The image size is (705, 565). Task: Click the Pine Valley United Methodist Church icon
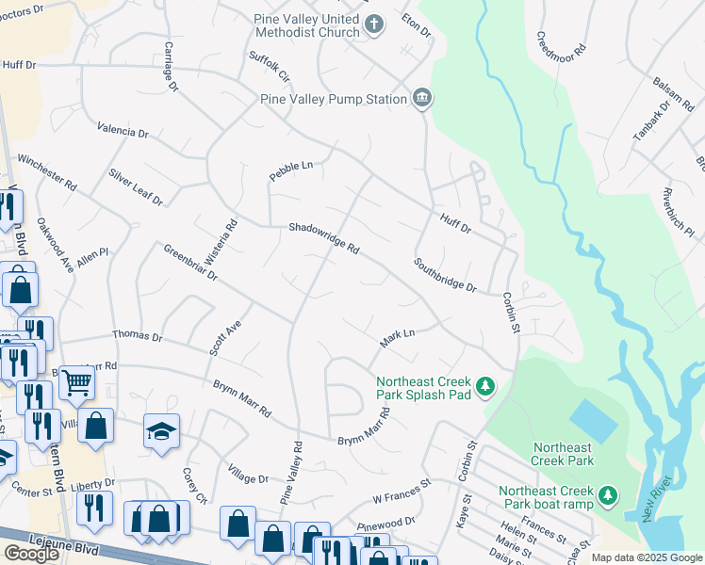click(x=374, y=24)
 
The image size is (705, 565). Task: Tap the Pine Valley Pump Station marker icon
click(x=421, y=98)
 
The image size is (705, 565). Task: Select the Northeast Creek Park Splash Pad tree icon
click(x=485, y=387)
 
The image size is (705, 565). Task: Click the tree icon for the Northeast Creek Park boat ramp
click(x=609, y=494)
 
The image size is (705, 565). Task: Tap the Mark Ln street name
click(x=397, y=335)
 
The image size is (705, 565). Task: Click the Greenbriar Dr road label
click(x=190, y=264)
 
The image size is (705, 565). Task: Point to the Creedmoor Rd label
click(x=562, y=44)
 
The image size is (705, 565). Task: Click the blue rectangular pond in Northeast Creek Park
click(x=589, y=417)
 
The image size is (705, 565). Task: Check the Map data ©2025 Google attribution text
click(x=647, y=557)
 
